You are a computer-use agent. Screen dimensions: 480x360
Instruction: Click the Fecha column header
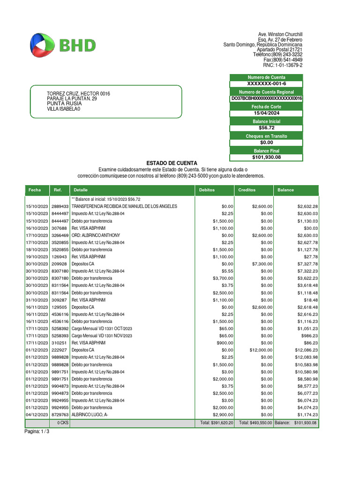point(35,190)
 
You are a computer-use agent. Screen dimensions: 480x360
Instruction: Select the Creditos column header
point(247,190)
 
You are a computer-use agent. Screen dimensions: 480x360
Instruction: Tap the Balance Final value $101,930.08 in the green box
point(266,157)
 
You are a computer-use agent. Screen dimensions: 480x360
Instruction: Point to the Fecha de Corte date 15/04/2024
point(266,113)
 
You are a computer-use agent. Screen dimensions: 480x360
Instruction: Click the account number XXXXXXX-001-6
point(266,83)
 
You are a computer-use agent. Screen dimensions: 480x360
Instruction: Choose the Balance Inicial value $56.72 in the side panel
point(266,127)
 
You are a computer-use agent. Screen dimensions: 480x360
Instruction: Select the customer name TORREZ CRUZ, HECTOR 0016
point(78,94)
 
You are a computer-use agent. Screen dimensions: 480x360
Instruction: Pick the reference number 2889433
point(60,206)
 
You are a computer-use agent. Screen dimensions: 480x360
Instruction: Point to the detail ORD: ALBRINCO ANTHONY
point(96,235)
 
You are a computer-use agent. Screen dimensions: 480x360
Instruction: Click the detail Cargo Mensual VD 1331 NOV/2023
point(102,336)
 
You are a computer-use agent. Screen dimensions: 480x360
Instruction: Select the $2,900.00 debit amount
point(222,415)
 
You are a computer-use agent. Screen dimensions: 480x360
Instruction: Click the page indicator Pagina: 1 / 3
point(37,432)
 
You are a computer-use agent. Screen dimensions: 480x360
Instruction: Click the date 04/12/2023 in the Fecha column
point(37,415)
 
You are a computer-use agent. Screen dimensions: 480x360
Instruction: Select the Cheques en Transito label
point(266,136)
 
